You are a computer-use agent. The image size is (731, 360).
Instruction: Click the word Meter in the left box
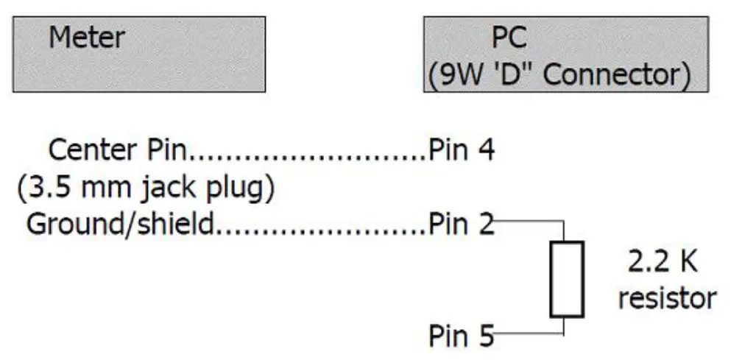click(x=87, y=37)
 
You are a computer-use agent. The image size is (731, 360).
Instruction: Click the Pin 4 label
click(x=462, y=150)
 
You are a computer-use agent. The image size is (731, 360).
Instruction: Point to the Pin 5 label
click(x=462, y=336)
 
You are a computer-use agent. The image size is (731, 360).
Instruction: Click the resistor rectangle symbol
click(x=565, y=279)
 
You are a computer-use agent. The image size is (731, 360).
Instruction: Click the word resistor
click(x=667, y=298)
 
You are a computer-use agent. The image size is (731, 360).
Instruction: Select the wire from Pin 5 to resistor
click(x=530, y=336)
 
